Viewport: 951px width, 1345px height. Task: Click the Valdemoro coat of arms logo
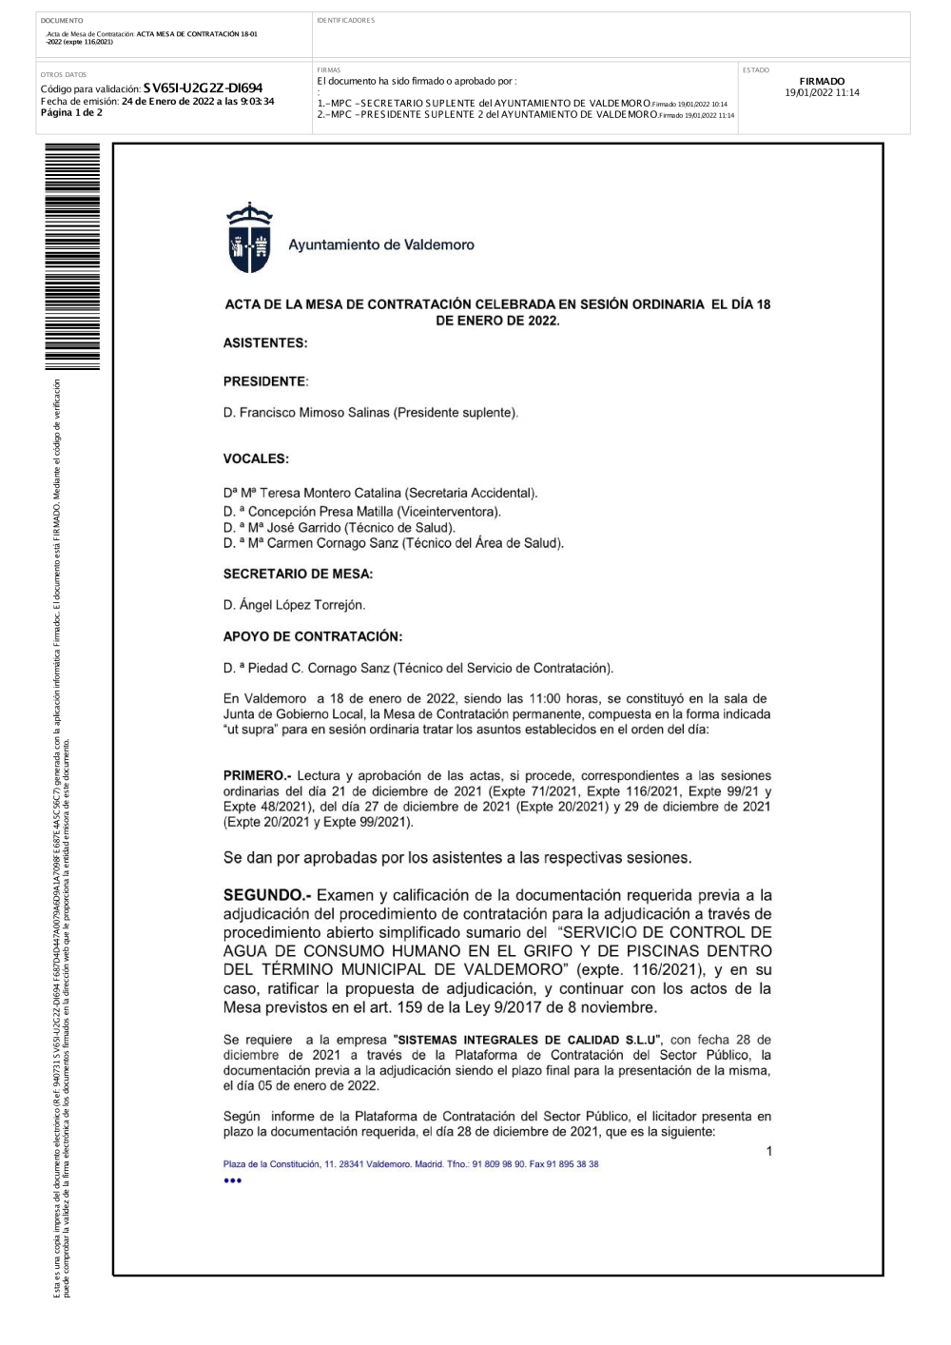249,238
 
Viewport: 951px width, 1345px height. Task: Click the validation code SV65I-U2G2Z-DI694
203,88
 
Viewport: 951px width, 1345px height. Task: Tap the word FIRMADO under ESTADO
822,82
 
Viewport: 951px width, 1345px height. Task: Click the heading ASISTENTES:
265,343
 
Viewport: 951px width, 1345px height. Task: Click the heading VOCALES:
256,458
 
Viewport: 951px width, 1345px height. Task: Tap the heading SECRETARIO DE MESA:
298,574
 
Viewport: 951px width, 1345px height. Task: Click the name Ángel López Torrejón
301,605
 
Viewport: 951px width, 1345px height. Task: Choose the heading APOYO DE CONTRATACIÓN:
313,636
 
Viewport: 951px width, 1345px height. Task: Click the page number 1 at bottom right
769,1151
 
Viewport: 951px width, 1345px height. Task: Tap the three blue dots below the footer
233,1180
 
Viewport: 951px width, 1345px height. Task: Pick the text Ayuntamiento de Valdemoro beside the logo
381,244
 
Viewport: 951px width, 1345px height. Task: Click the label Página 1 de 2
71,112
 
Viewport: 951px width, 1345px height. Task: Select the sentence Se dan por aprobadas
457,858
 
